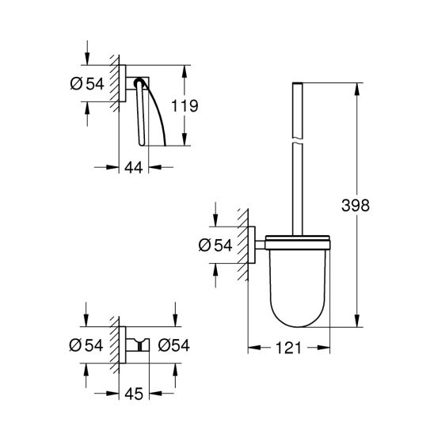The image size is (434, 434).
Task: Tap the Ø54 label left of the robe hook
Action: [87, 345]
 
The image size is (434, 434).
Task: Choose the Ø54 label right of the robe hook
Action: [173, 345]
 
